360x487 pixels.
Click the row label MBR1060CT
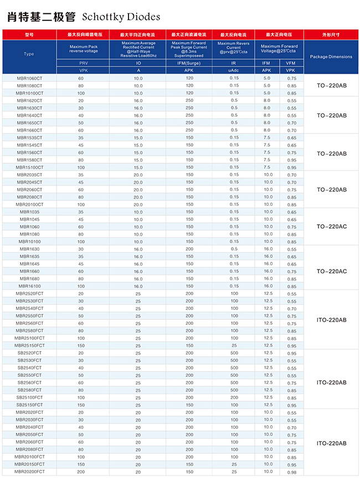coord(29,79)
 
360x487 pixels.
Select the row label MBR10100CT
coord(29,93)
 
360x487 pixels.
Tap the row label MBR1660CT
coord(29,130)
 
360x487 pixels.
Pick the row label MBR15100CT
coord(29,167)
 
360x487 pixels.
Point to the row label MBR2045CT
coord(29,182)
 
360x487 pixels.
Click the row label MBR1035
coord(29,212)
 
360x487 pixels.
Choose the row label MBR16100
coord(29,286)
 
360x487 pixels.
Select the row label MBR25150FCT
coord(29,345)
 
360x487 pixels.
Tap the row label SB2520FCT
coord(29,353)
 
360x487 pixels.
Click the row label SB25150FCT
coord(29,405)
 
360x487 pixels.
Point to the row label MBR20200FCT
coord(29,472)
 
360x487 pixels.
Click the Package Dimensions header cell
coord(331,57)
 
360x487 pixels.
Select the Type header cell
coord(29,54)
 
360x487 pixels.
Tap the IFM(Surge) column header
coord(189,64)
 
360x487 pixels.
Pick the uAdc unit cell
coord(234,71)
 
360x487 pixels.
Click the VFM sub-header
coord(291,64)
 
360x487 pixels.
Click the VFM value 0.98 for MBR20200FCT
coord(292,472)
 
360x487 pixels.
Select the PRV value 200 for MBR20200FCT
coord(81,472)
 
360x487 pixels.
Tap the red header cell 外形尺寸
coord(331,34)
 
